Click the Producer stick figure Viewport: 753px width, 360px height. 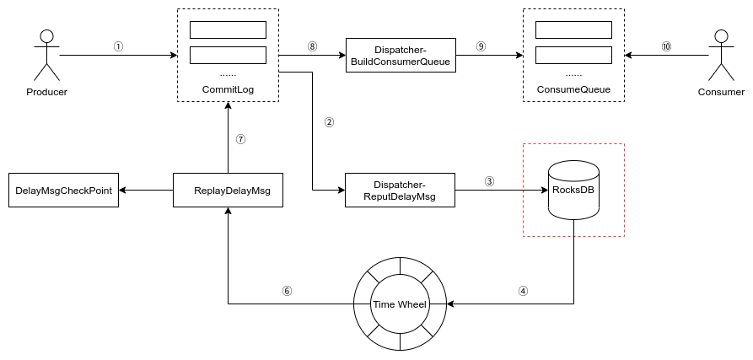point(46,55)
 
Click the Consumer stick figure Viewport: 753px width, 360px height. point(721,55)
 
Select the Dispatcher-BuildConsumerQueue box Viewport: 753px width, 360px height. point(401,56)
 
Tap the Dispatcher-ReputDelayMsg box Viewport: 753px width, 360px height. point(401,190)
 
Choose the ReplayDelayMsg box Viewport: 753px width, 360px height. point(228,190)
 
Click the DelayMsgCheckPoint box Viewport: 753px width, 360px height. point(63,190)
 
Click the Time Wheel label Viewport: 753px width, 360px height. point(401,304)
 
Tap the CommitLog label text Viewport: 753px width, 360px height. point(228,89)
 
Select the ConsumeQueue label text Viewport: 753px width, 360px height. point(573,89)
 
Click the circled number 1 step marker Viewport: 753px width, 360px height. point(118,47)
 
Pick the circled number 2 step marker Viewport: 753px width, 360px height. point(329,122)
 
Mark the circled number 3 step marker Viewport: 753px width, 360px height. point(489,181)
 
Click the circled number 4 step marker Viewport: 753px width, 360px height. point(523,291)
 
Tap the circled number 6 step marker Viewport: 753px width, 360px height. point(287,291)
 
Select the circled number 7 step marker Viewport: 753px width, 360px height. point(240,140)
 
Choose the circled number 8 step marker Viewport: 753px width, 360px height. point(312,47)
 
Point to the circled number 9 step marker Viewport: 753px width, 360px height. point(481,47)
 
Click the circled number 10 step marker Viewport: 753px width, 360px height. point(666,47)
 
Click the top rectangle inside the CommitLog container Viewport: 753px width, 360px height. point(228,30)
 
